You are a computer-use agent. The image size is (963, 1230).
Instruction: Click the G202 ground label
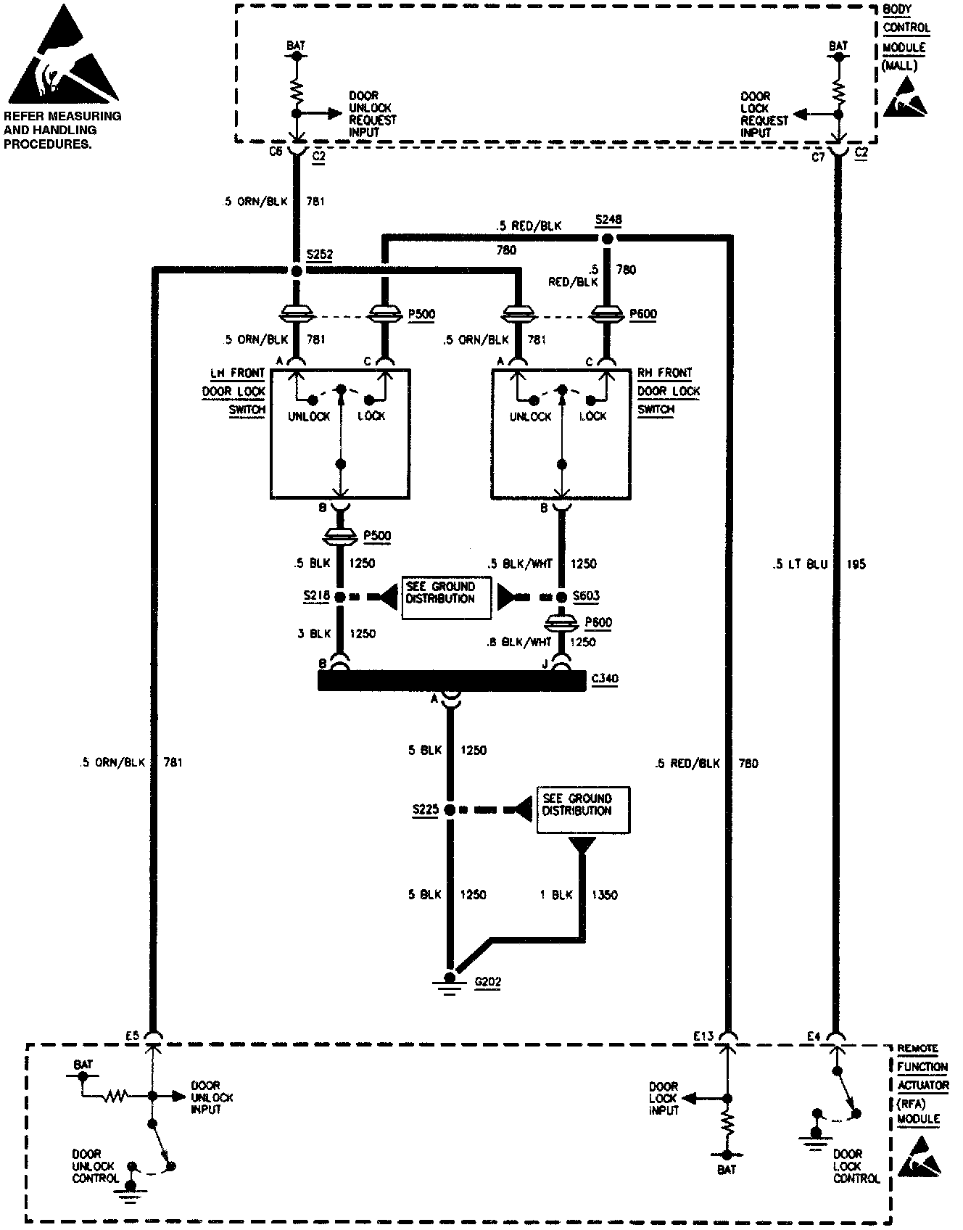tap(487, 983)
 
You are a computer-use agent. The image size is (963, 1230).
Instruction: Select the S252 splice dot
tap(296, 271)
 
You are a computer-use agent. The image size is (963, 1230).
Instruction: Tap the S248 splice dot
tap(608, 239)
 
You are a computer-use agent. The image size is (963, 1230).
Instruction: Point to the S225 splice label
tap(425, 809)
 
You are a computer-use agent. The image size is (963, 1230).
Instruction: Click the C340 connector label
tap(605, 680)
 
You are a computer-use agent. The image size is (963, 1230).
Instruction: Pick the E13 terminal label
tap(703, 1037)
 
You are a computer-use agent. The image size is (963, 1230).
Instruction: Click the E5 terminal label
tap(131, 1037)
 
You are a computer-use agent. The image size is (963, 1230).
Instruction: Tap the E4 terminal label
tap(814, 1037)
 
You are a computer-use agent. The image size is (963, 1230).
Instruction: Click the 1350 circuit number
tap(605, 895)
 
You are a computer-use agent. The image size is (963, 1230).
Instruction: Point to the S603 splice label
tap(586, 596)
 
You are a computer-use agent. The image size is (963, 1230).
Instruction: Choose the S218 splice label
tap(316, 596)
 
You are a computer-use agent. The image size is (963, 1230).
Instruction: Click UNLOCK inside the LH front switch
tap(309, 417)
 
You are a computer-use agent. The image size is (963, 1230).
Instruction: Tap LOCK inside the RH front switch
tap(593, 417)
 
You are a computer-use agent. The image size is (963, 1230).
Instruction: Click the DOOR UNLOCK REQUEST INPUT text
tap(373, 114)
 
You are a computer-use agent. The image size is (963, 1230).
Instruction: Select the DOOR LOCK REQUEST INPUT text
tap(764, 114)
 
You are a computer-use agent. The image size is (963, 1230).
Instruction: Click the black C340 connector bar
tap(451, 680)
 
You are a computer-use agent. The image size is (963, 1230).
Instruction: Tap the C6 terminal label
tap(276, 152)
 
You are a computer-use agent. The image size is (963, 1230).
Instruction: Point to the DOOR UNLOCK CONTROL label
tap(94, 1166)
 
